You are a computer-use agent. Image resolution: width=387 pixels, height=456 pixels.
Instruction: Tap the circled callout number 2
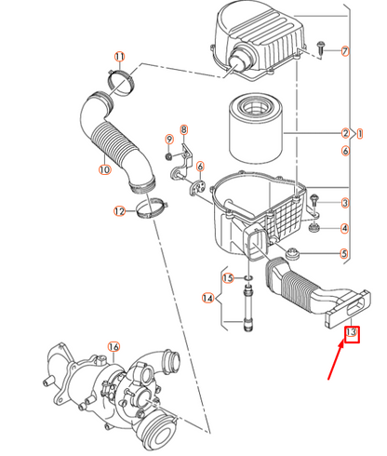pos(344,133)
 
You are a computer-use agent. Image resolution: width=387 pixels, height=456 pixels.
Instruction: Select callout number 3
pos(344,203)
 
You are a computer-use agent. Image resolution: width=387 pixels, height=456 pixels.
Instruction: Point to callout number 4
pos(344,228)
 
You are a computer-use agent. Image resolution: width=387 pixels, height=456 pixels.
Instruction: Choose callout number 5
pos(344,254)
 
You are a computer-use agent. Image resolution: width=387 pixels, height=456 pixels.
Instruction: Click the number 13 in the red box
pos(353,332)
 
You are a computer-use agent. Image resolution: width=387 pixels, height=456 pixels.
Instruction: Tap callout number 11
pos(118,58)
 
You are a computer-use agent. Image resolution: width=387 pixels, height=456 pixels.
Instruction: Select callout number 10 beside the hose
pos(103,169)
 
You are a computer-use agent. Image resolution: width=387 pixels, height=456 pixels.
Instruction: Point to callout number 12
pos(119,211)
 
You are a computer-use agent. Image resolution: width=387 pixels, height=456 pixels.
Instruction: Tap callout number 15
pos(227,277)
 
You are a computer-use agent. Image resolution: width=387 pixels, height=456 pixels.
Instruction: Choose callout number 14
pos(209,298)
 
